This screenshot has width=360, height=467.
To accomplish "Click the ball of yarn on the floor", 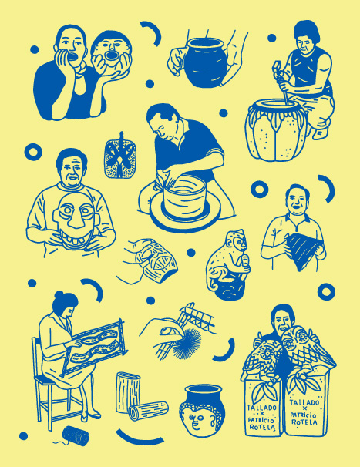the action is tap(76, 435).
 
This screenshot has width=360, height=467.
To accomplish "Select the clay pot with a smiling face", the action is tap(202, 410).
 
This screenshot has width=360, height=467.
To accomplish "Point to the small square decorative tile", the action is tap(120, 158).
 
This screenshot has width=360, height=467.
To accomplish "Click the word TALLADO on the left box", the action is tap(261, 408).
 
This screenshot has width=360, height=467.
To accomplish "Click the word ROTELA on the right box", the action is tap(304, 422).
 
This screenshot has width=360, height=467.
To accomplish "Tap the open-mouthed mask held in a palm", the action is tap(111, 53).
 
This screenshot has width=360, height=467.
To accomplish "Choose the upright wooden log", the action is tap(128, 391).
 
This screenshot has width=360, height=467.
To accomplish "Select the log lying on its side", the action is tap(149, 411).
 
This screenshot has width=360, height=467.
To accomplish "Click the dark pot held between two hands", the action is tap(205, 62).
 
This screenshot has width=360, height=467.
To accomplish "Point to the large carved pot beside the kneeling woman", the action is tap(276, 130).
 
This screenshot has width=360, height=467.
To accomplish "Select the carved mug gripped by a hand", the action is tap(157, 261).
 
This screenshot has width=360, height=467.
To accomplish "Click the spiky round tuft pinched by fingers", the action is tap(187, 342).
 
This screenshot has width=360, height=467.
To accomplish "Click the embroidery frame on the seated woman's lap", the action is tap(95, 347).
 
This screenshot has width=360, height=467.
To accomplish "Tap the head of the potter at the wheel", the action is tap(163, 121).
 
